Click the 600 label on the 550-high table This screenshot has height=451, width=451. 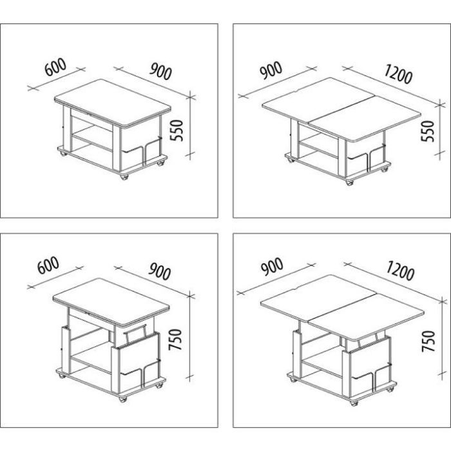coord(56,68)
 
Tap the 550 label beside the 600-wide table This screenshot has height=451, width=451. coord(177,130)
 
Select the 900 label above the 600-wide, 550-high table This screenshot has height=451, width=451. coord(160,72)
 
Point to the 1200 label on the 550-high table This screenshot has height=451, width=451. coord(398,74)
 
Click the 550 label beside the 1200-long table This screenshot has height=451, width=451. coord(427,131)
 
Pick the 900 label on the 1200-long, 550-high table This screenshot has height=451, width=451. coord(271,70)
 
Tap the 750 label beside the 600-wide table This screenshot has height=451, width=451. coord(175,340)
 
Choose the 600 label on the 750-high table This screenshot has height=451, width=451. coord(48,265)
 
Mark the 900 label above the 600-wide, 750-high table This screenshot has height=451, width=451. coord(160,271)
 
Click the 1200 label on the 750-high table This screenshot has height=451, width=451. coord(400,271)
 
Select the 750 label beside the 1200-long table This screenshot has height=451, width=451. coord(428,341)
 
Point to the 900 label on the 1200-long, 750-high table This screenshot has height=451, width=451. coord(272,267)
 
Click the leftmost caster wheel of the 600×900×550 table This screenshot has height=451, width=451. coord(63,153)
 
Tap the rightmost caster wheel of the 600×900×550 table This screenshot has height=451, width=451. coord(160,164)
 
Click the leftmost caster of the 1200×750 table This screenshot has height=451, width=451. coord(293,379)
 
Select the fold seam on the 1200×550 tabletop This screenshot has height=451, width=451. coord(342,108)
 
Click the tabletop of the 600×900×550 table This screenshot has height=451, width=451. coord(113,102)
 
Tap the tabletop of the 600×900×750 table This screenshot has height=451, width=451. coord(111,302)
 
